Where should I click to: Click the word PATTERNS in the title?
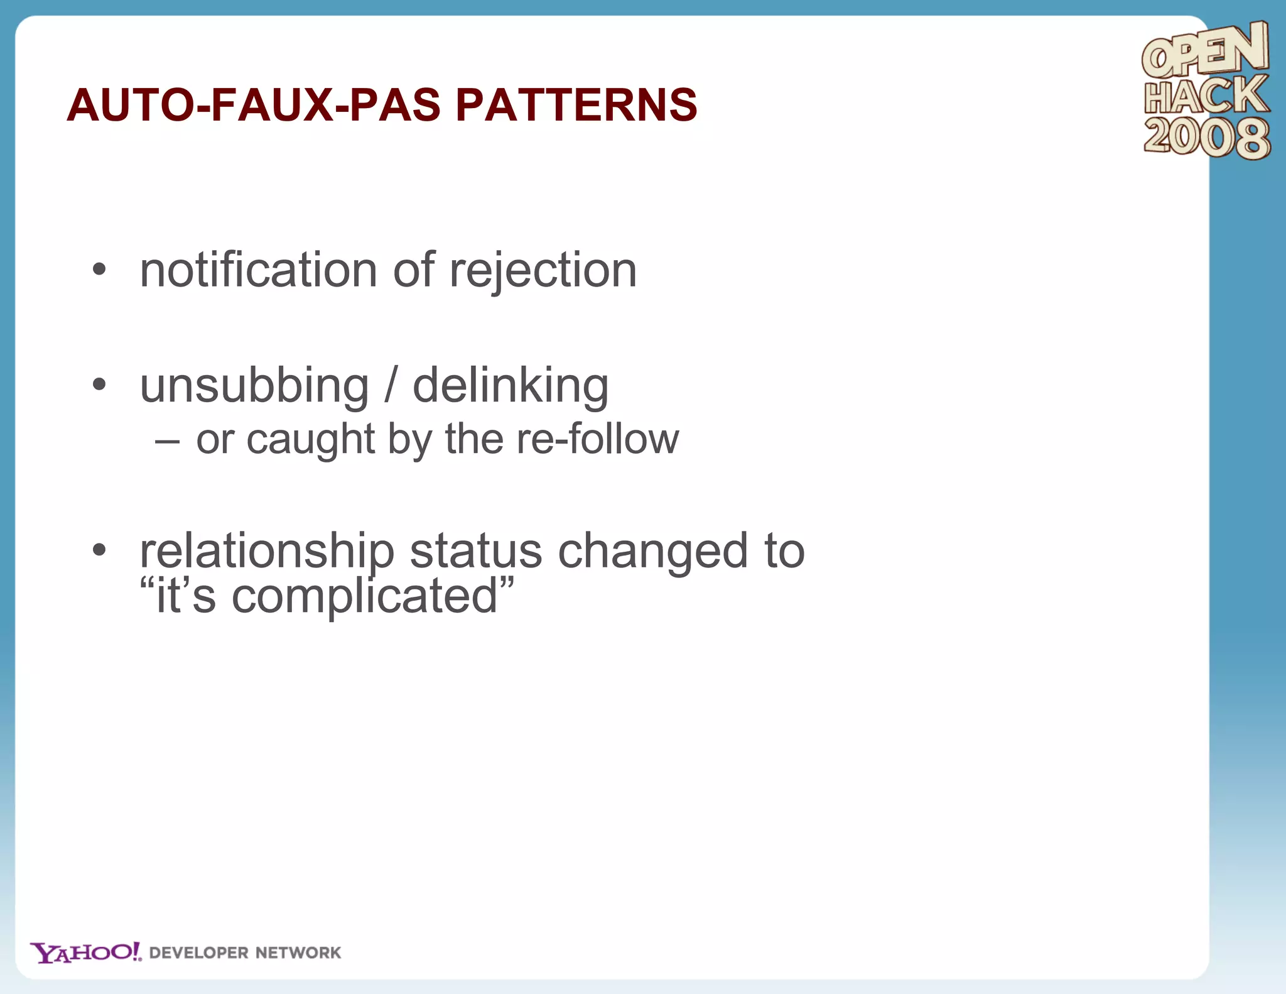[576, 104]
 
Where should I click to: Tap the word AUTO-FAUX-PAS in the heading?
[254, 104]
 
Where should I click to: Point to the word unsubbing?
[254, 386]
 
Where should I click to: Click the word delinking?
[511, 386]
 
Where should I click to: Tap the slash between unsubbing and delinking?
[391, 385]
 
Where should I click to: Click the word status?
[476, 551]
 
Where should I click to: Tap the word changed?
[653, 551]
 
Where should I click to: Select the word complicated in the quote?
[364, 597]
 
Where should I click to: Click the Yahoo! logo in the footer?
[86, 953]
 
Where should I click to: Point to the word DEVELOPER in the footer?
[199, 953]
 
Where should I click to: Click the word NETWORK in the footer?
[298, 953]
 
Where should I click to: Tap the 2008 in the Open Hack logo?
[1206, 138]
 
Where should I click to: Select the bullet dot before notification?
[99, 270]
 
